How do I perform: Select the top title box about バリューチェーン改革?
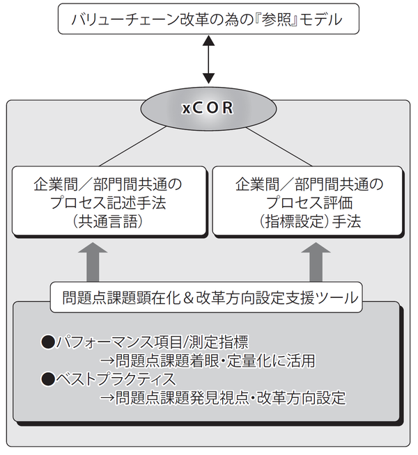208,18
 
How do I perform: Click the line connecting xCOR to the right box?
274,146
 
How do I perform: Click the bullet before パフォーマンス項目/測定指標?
48,343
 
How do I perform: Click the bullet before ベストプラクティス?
48,380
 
